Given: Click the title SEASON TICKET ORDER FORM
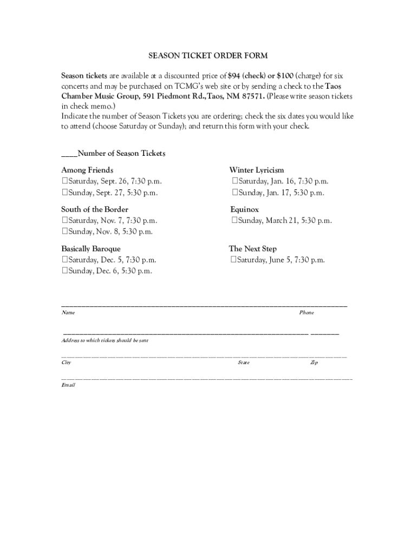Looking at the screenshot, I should point(208,56).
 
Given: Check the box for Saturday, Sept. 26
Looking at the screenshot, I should point(64,181).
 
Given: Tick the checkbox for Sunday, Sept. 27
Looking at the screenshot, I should point(64,193).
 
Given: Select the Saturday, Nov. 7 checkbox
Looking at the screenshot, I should point(64,221).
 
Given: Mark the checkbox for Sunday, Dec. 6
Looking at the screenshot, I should point(64,271).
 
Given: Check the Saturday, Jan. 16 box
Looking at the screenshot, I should point(234,181).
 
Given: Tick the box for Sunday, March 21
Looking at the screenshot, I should point(234,221).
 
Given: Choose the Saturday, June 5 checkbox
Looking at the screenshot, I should point(233,260).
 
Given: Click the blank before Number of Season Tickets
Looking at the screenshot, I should point(69,154).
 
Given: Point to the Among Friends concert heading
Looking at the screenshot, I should point(87,170).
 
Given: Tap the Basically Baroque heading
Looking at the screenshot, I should point(90,249).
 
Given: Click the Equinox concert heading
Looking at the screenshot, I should point(245,209).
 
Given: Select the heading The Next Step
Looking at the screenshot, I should point(253,249).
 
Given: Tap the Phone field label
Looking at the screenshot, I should point(307,313).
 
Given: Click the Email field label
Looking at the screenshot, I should point(68,385).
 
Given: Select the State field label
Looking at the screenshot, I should point(244,362).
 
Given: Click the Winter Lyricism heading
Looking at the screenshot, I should point(257,170).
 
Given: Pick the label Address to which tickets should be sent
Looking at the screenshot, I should point(105,341).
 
